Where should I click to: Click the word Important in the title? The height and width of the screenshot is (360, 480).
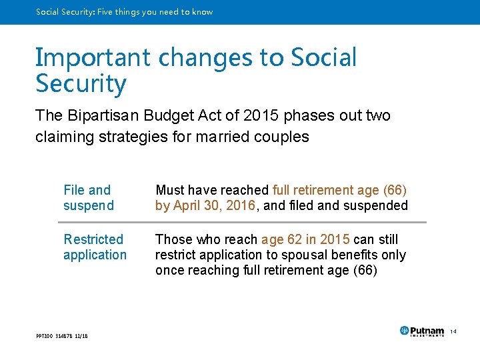point(93,58)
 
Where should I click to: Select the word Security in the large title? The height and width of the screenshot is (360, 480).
point(81,85)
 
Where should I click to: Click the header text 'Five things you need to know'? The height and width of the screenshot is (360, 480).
point(155,12)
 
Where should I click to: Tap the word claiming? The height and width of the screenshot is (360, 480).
point(61,137)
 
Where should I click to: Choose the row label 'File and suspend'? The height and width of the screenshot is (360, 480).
point(88,198)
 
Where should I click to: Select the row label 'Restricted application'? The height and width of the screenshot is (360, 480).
point(95,247)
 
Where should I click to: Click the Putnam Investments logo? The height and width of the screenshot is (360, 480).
point(422,331)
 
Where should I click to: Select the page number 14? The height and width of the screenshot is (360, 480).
point(452,331)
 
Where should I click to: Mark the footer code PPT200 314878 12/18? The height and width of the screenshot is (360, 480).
point(61,335)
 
